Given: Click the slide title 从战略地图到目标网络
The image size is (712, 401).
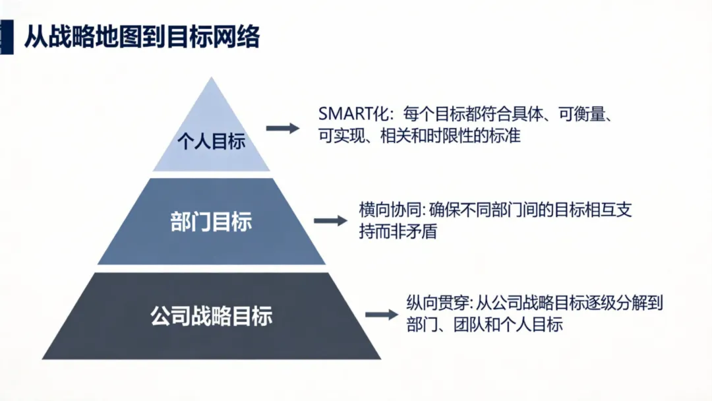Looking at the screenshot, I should (x=142, y=37).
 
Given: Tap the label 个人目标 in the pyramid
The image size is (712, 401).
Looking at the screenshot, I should (x=212, y=141).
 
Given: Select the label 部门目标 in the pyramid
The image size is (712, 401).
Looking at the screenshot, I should (x=211, y=222).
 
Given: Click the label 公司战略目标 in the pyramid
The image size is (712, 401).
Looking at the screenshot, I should (x=211, y=317).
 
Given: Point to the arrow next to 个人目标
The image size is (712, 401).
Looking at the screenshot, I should (x=282, y=129).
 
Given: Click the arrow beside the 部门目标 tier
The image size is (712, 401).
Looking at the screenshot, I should (x=330, y=221).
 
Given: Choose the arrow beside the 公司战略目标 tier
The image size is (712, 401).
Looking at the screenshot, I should (x=382, y=315).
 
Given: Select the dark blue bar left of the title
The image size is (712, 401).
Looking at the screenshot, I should (x=6, y=37).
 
